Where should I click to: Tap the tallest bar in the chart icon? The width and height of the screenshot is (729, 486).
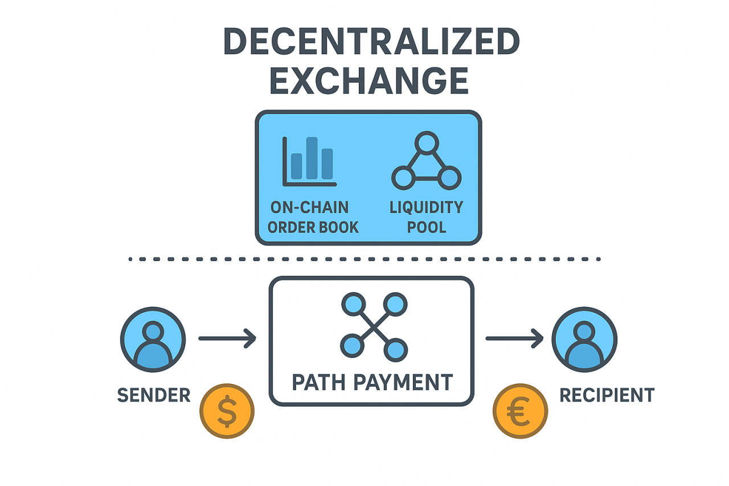[312, 158]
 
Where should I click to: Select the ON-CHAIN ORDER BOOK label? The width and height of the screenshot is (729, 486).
[313, 217]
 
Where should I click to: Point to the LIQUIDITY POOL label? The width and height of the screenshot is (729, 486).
[426, 217]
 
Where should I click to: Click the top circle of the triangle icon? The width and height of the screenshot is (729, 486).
[427, 141]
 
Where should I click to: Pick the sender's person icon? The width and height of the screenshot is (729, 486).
[153, 340]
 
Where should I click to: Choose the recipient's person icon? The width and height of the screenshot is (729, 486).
[584, 340]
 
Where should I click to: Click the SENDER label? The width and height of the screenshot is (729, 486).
[154, 395]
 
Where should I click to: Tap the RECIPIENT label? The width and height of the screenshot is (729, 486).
[607, 395]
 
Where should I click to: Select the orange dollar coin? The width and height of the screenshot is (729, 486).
[227, 411]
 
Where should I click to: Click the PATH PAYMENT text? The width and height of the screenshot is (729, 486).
[372, 382]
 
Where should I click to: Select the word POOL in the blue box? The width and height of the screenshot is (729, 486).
[427, 227]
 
